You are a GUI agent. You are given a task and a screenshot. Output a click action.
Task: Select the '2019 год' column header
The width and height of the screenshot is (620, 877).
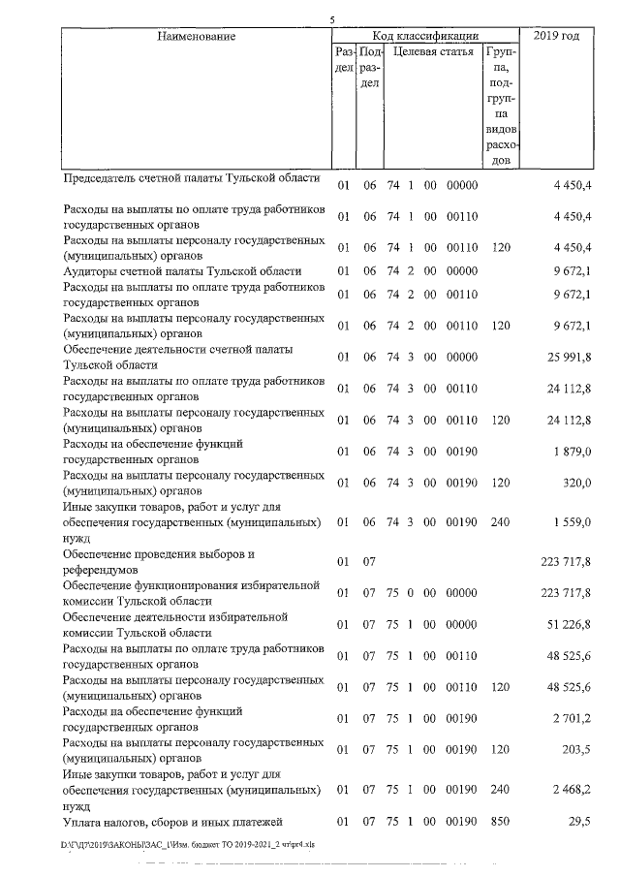(x=556, y=37)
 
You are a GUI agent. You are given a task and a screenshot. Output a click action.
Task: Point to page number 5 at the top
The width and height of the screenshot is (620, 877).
(x=331, y=18)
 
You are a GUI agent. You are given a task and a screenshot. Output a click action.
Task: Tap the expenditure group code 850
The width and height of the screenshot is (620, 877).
(x=501, y=822)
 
